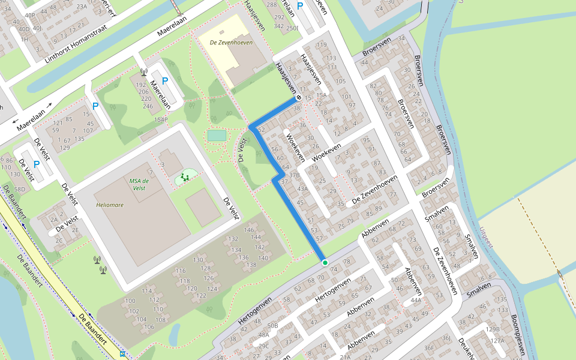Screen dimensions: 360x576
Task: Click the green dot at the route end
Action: coord(325,263)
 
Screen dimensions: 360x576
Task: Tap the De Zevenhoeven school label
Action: coord(231,43)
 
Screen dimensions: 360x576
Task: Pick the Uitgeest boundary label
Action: coord(486,238)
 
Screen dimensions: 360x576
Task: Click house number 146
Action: coord(250,230)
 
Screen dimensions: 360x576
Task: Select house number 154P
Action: coord(161,120)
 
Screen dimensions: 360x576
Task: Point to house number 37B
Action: coord(294,175)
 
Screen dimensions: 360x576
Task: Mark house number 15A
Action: coord(322,95)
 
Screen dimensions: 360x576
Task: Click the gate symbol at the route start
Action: coord(298,97)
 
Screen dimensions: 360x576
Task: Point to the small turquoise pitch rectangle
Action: coord(217,136)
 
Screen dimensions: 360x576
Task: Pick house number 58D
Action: coord(20,189)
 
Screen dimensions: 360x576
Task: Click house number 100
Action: coord(130,301)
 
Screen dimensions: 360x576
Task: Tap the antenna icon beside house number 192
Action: coord(143,73)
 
